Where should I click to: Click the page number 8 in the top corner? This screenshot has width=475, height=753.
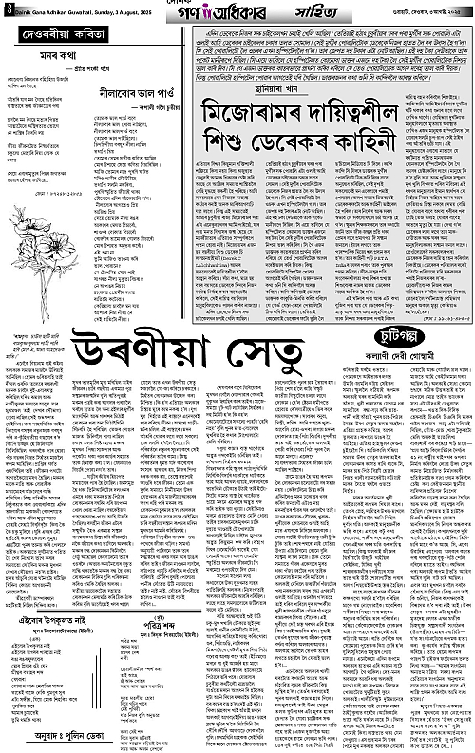coord(6,9)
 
